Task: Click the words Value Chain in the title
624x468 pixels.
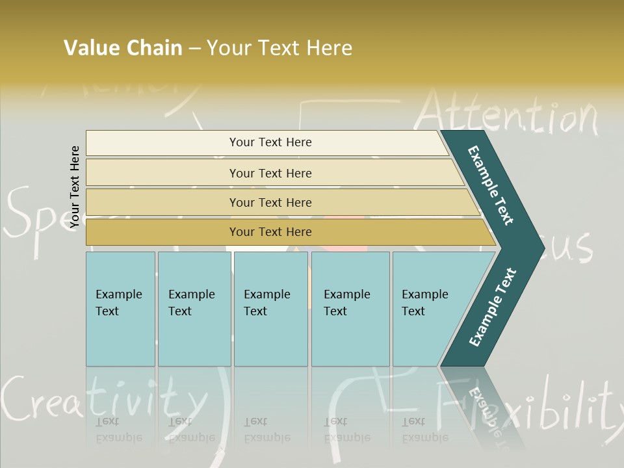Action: [123, 48]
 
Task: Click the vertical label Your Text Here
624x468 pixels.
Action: [75, 187]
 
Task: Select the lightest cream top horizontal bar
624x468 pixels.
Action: [270, 142]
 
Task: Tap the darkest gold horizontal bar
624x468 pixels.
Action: [270, 232]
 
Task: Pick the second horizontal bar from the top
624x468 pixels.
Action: [270, 173]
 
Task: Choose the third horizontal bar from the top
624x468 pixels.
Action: [270, 202]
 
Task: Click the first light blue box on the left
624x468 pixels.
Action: [120, 309]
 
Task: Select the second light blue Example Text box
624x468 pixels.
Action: [194, 309]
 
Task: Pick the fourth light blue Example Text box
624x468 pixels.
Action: [350, 309]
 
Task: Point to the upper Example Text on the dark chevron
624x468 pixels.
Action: [491, 185]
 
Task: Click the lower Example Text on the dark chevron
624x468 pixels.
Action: [493, 307]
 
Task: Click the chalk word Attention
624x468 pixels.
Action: [507, 116]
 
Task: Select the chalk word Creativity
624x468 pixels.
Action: [104, 400]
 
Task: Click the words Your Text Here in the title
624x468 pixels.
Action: [279, 48]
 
